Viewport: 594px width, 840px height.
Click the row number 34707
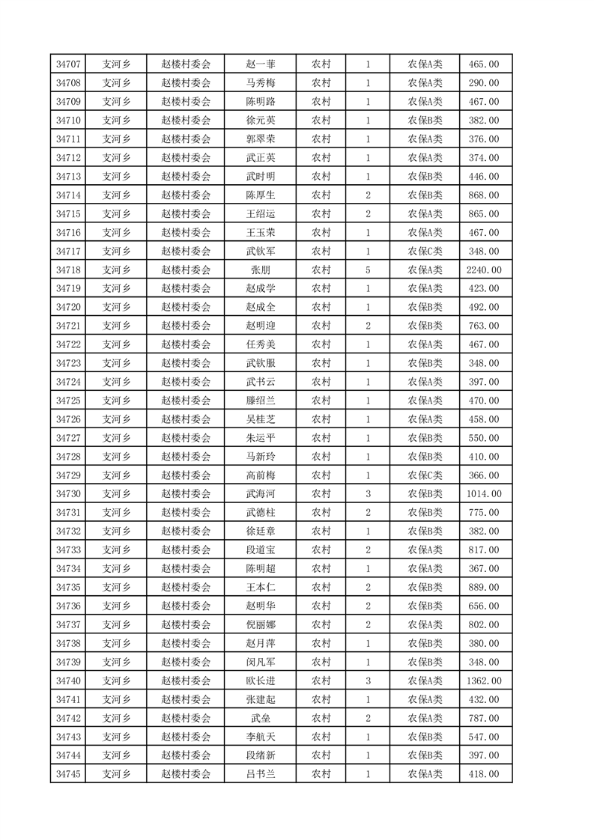(x=68, y=64)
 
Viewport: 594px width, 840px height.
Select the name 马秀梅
(x=260, y=83)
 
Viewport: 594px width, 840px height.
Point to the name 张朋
(x=260, y=270)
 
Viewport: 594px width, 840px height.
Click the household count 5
(x=368, y=270)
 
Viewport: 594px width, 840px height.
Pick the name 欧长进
(x=260, y=681)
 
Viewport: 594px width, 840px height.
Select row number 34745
(x=68, y=774)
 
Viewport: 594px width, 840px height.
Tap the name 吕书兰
(x=260, y=774)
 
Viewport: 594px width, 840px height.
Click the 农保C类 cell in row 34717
(x=425, y=251)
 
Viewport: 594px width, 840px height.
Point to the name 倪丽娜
(x=260, y=624)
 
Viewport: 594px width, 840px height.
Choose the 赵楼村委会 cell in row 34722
(x=186, y=344)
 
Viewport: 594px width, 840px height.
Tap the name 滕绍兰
(x=260, y=401)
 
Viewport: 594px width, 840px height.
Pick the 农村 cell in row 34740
(x=321, y=681)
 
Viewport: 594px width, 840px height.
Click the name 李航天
(x=260, y=737)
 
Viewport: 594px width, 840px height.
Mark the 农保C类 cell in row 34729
(x=425, y=475)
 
